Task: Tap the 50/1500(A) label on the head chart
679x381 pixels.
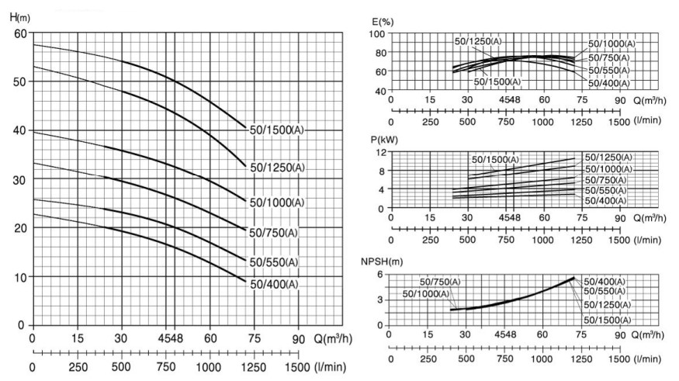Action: [x=276, y=130]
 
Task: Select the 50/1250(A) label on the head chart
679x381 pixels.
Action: [x=276, y=168]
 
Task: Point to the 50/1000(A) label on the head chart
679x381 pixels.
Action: [x=276, y=203]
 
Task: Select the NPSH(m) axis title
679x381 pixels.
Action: [x=387, y=261]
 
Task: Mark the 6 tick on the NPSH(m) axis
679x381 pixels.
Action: [x=380, y=273]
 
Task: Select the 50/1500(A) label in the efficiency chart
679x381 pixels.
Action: [x=497, y=82]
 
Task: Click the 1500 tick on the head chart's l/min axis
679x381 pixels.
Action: [x=297, y=367]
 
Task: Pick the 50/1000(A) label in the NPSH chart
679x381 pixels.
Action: [x=425, y=293]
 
